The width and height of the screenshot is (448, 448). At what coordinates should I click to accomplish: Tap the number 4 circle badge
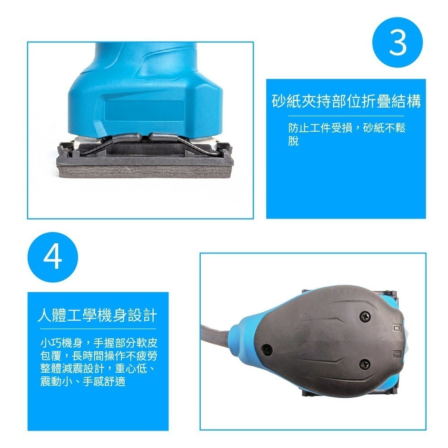[x=53, y=257]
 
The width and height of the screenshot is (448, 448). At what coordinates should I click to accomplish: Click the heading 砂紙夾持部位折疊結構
[x=346, y=101]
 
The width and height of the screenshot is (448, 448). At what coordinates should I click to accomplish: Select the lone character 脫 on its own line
[x=293, y=142]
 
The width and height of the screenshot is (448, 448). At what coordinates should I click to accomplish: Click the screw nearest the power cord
[x=267, y=348]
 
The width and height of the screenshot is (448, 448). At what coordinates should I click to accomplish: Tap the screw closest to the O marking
[x=365, y=317]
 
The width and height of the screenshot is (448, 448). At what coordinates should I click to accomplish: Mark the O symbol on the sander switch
[x=397, y=328]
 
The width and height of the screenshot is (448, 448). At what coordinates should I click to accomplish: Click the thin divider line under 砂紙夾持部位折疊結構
[x=346, y=116]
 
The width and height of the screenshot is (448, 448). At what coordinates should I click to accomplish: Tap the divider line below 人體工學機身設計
[x=97, y=329]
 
